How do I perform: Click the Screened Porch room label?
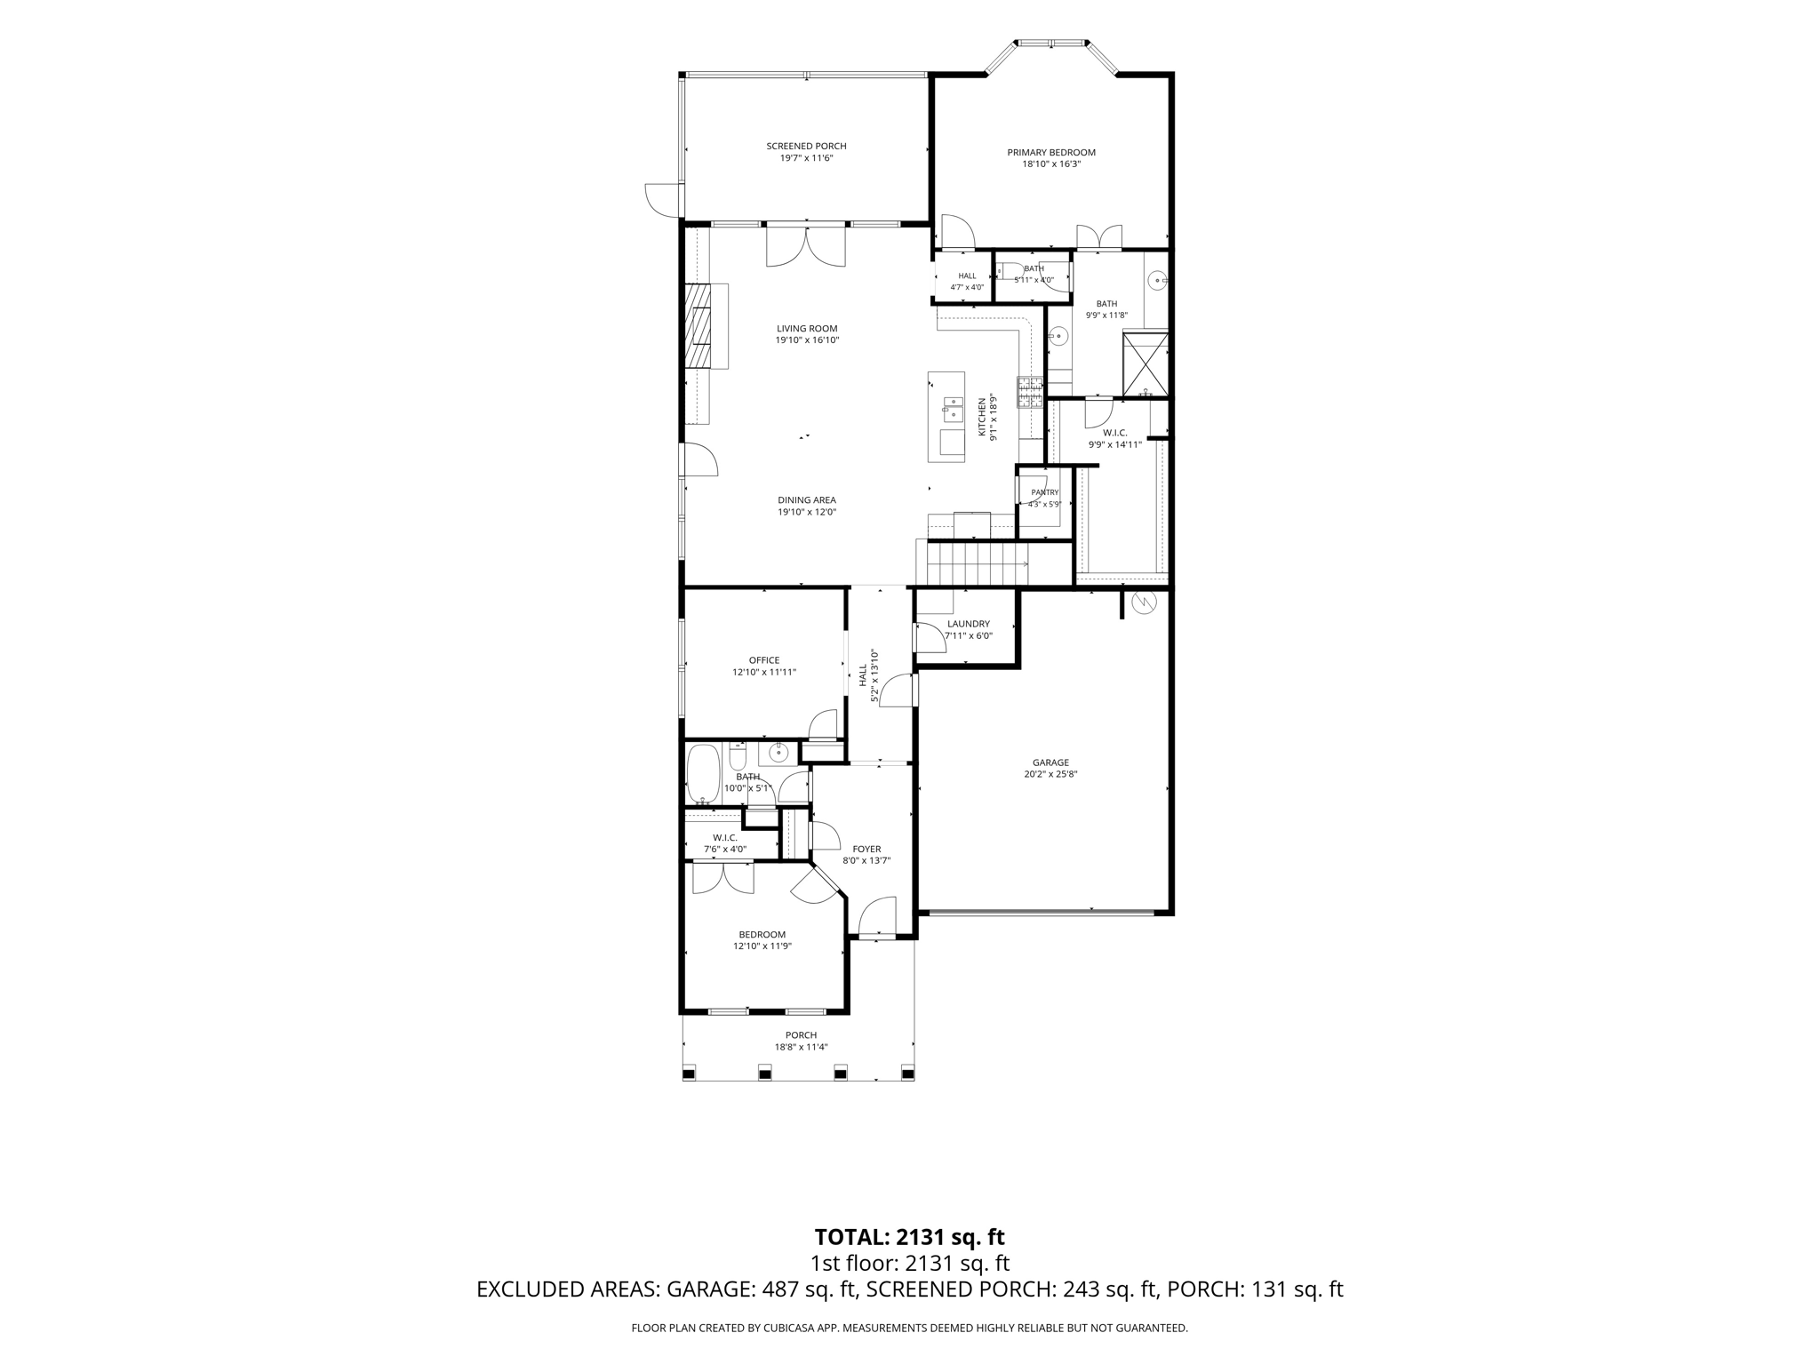coord(806,147)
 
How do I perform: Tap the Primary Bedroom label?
coord(1051,153)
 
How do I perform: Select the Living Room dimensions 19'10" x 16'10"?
coord(807,340)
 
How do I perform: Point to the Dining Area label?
coord(807,500)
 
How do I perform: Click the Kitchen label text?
coord(983,418)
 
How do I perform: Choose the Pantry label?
coord(1045,492)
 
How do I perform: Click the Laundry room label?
coord(969,624)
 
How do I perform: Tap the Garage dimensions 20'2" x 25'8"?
coord(1051,774)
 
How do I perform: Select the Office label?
coord(764,660)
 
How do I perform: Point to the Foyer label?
coord(866,849)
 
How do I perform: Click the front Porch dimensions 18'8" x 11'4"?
coord(801,1047)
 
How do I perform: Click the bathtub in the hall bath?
coord(704,773)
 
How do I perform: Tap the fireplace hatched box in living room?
coord(698,325)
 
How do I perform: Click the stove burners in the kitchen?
coord(1031,392)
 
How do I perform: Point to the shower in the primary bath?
coord(1145,363)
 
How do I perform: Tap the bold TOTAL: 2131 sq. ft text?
coord(909,1237)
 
